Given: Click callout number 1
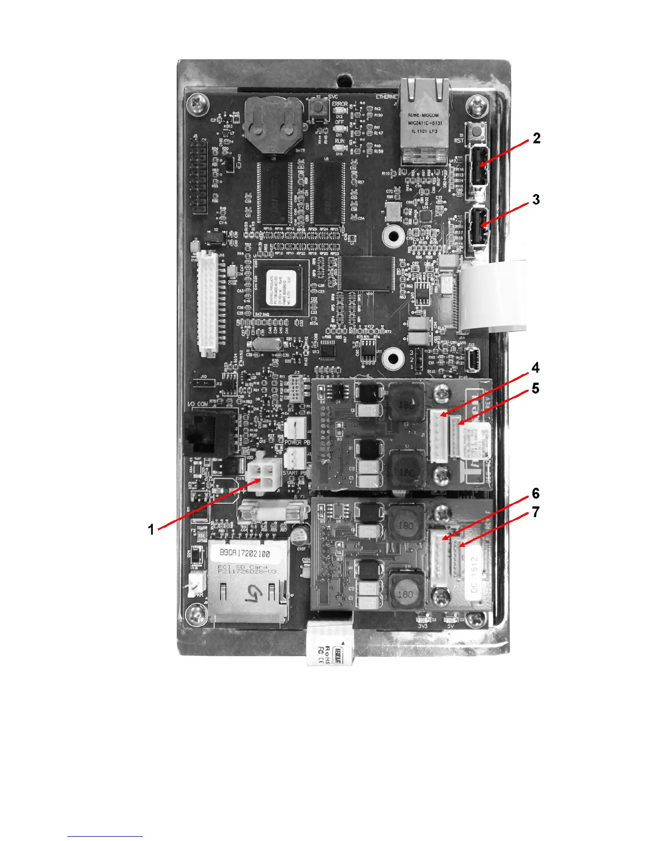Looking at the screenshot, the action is (151, 529).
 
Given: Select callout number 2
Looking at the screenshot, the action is (536, 139).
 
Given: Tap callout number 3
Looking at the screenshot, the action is (536, 200).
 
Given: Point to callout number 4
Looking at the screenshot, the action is (535, 367).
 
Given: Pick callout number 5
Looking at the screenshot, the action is (535, 389).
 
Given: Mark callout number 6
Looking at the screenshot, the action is (535, 494).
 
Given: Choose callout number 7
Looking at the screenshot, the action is (535, 512).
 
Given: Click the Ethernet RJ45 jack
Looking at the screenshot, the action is (425, 121).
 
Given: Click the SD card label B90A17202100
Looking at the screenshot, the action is (245, 553).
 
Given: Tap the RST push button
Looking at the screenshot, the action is (474, 130).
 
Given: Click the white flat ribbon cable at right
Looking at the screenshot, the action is (494, 295).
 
